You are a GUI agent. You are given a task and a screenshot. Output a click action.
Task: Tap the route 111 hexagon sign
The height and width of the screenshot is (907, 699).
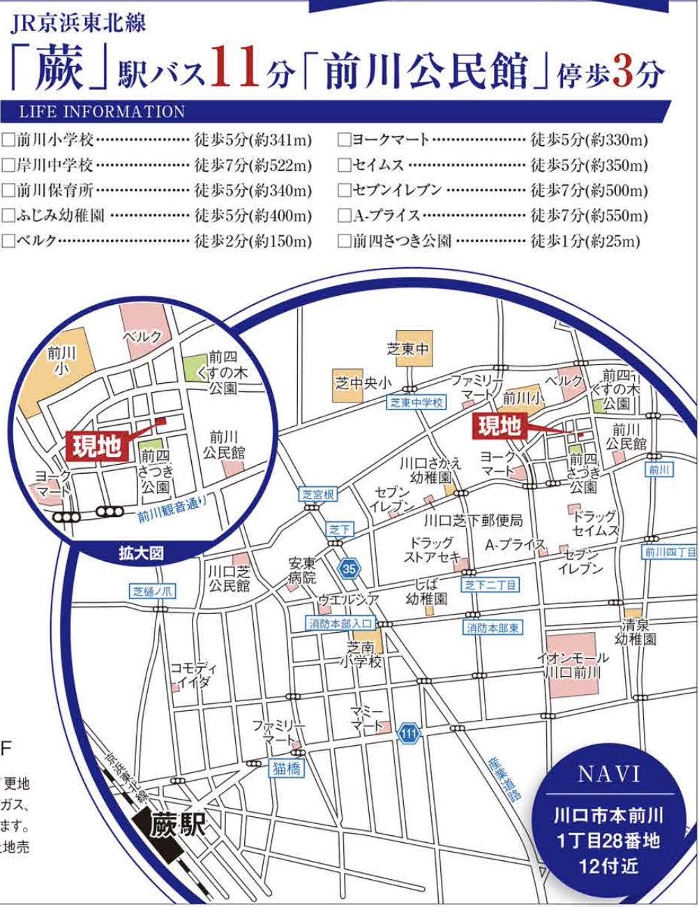click(x=409, y=733)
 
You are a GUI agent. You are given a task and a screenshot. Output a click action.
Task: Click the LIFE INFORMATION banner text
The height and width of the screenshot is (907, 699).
click(x=102, y=112)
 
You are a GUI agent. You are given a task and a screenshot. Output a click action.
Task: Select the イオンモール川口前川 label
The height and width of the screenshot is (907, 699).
click(x=572, y=665)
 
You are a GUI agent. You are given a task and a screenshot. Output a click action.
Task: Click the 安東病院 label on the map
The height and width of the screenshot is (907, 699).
click(x=302, y=570)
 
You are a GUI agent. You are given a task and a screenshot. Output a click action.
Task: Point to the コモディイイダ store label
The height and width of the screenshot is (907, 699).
click(x=189, y=675)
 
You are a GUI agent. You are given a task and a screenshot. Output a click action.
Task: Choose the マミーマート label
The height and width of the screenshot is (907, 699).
click(x=367, y=719)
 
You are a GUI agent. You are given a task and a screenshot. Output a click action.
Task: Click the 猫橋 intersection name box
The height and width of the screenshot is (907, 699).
click(x=287, y=768)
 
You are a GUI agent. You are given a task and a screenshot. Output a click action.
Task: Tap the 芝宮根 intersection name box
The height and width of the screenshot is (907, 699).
click(x=319, y=495)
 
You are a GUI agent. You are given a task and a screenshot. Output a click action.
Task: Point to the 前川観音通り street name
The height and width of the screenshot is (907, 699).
click(x=172, y=516)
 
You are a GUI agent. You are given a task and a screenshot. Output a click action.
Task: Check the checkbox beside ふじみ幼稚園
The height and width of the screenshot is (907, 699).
click(x=8, y=216)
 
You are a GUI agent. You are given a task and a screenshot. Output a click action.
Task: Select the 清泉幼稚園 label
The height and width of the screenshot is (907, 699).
click(x=636, y=631)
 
